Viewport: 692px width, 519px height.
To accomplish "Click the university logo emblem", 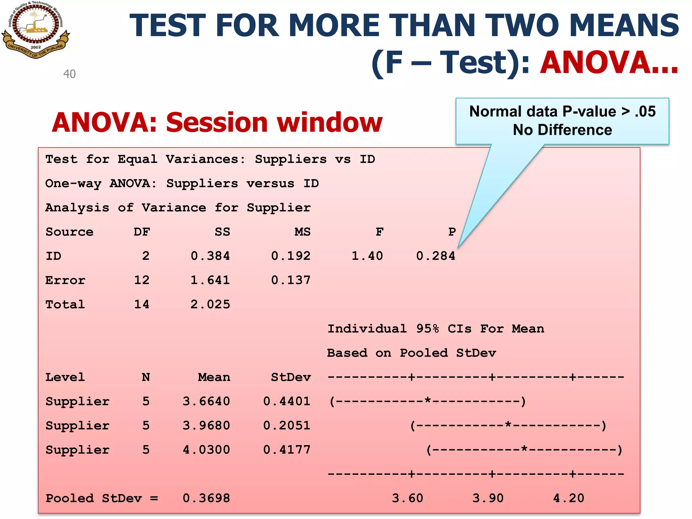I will tap(35, 30).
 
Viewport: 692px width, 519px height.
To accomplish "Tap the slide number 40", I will tap(70, 74).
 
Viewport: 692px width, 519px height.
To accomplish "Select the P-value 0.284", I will tap(436, 256).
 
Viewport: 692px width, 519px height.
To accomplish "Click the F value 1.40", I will tap(367, 256).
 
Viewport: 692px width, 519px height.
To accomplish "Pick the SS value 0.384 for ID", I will tap(210, 256).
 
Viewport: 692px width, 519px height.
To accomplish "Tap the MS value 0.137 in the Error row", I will tap(291, 280).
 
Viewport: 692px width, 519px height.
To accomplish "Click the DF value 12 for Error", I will tap(142, 280).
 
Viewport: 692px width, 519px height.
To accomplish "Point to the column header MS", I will tap(302, 232).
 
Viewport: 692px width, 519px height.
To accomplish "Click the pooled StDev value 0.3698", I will tap(206, 498).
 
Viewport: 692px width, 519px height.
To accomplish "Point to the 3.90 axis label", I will tap(488, 498).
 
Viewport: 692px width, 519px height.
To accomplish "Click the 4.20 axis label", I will tap(569, 498).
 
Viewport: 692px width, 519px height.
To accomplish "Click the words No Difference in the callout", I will tap(562, 130).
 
